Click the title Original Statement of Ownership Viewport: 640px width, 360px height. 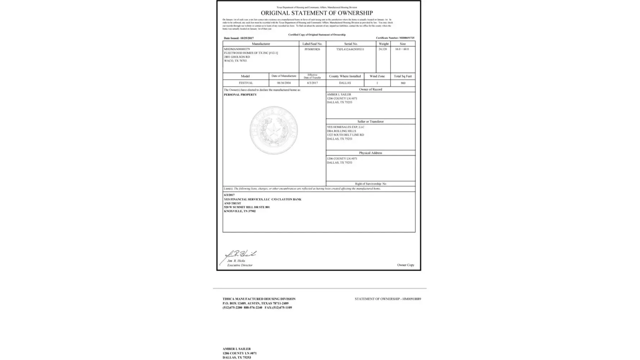(317, 13)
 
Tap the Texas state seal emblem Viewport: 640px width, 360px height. (274, 130)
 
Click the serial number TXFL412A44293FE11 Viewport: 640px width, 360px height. (350, 49)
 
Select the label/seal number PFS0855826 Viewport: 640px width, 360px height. (312, 49)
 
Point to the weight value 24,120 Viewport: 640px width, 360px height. (383, 49)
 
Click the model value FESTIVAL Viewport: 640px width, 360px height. (246, 83)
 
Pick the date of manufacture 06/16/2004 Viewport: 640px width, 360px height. (284, 83)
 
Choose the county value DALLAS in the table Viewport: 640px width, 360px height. (345, 83)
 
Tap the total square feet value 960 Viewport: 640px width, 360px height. (403, 83)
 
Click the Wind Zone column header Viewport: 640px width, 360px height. (377, 76)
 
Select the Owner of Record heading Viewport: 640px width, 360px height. (370, 89)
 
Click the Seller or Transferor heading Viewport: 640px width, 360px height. (370, 122)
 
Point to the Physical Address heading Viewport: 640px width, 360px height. (370, 153)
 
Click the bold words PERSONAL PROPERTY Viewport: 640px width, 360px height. (240, 95)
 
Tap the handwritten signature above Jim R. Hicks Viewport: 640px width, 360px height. (241, 254)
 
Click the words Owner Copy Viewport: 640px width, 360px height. (406, 265)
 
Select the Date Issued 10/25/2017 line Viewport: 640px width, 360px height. (239, 38)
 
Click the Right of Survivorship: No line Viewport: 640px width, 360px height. (370, 184)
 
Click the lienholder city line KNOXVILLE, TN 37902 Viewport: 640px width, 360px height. (240, 211)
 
